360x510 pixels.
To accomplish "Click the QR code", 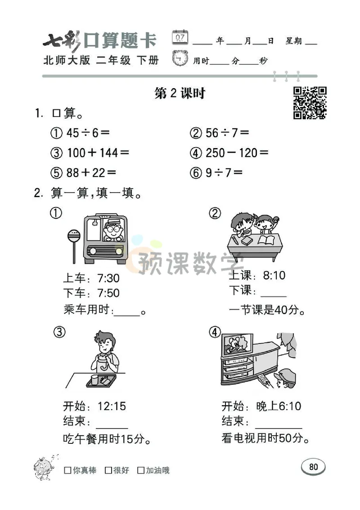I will (x=310, y=103).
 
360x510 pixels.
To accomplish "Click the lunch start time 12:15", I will (x=112, y=406).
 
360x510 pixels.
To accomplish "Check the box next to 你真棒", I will (x=68, y=470).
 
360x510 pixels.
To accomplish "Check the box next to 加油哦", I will (x=141, y=470).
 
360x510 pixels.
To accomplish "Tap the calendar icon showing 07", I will (x=180, y=37).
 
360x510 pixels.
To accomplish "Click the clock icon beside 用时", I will (x=180, y=59).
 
